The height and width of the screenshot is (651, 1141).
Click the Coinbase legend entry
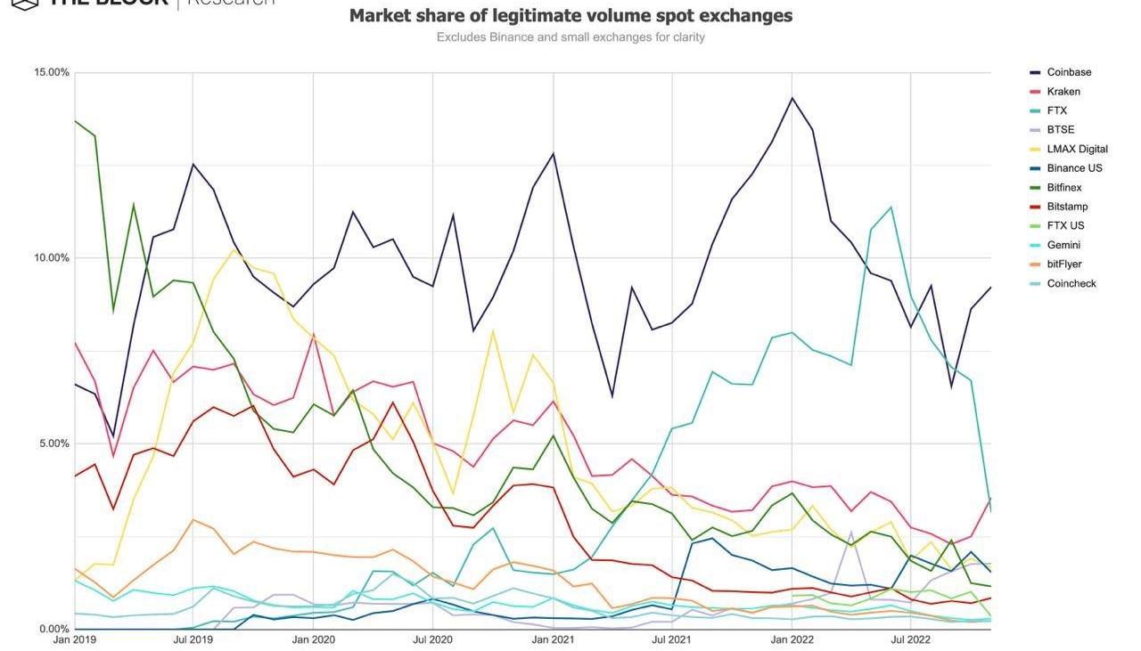1069,72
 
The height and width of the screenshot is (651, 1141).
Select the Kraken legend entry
1063,92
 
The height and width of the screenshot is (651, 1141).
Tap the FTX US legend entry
1065,226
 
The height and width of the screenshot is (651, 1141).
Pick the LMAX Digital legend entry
1077,150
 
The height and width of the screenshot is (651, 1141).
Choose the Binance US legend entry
1073,168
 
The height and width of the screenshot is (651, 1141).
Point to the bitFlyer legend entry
1065,264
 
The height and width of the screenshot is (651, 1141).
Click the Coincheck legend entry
1071,284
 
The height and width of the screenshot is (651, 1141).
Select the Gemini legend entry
1063,245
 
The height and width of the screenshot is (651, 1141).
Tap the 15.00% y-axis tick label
51,72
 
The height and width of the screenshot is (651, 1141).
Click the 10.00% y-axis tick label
51,258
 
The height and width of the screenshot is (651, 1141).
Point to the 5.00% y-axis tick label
53,443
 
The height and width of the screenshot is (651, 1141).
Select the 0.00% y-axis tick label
53,629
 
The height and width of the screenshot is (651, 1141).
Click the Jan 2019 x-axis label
74,639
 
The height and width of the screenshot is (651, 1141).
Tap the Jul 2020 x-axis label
432,639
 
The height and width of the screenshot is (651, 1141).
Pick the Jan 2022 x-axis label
791,639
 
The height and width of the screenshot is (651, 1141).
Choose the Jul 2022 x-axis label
910,639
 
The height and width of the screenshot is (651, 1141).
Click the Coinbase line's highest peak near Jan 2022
791,98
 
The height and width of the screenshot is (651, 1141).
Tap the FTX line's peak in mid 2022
891,208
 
